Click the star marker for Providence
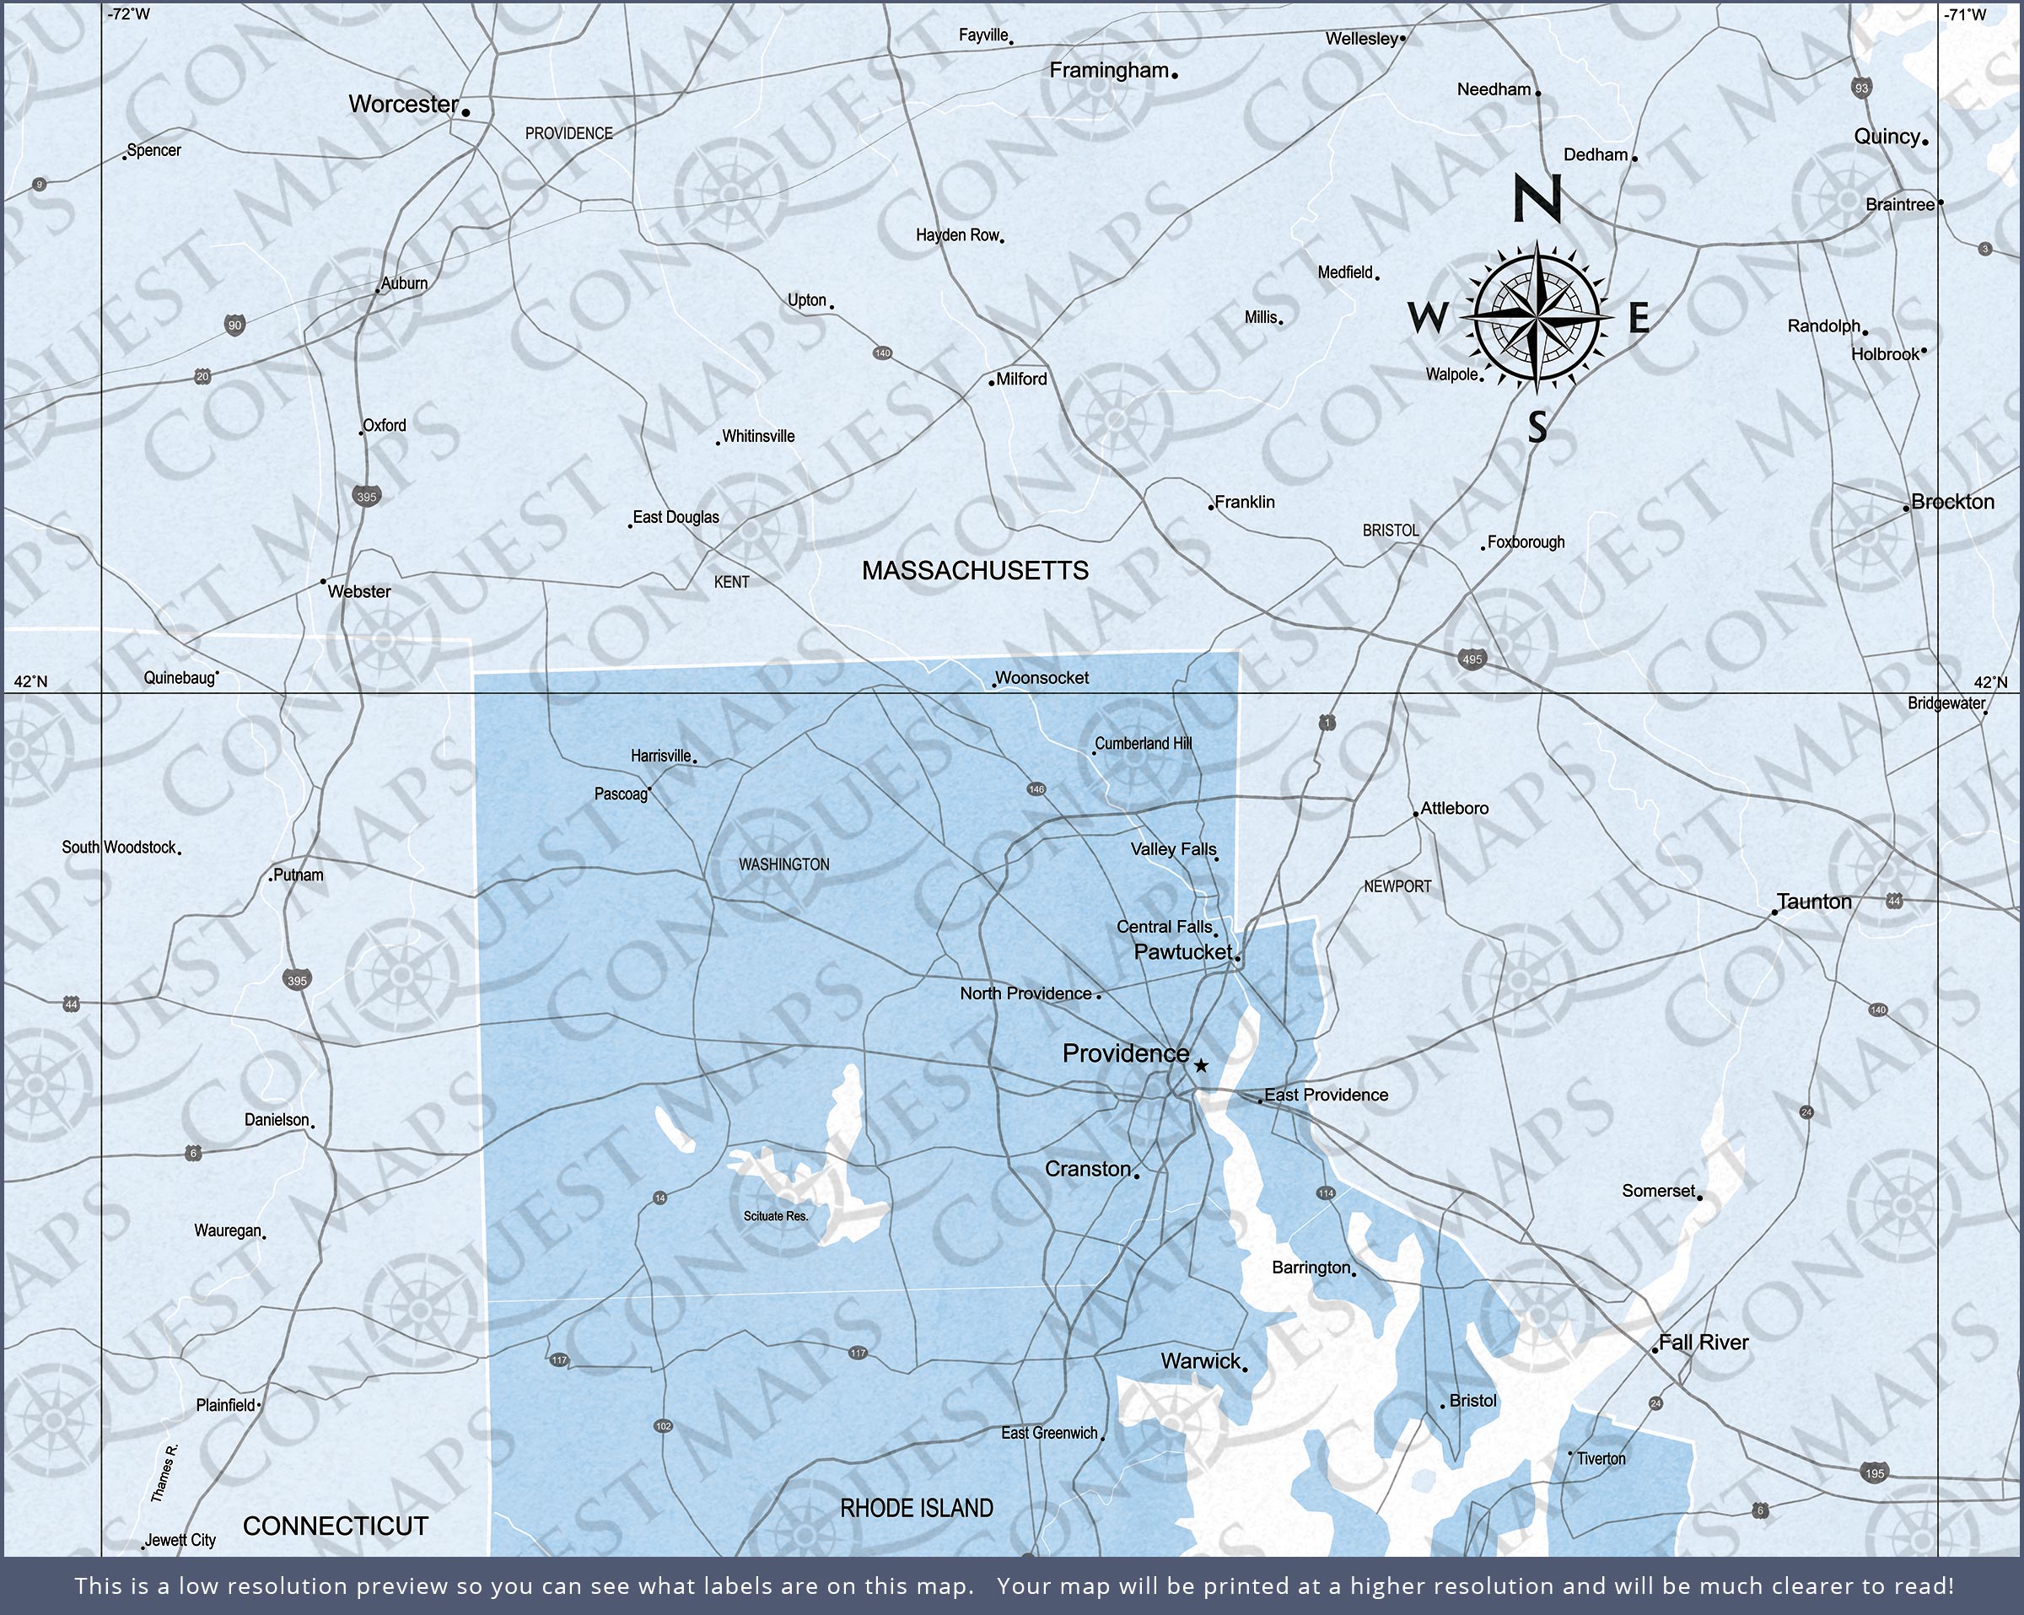click(x=1201, y=1066)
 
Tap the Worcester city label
click(x=404, y=105)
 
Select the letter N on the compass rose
click(x=1537, y=199)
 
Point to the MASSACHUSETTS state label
click(x=976, y=571)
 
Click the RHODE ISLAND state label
click(x=916, y=1509)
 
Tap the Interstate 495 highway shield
click(x=1472, y=659)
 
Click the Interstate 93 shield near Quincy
click(x=1861, y=89)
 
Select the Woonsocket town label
click(x=1042, y=678)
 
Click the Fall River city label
click(x=1703, y=1343)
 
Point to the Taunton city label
click(x=1814, y=902)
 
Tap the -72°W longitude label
click(x=129, y=14)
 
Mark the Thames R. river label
click(x=164, y=1473)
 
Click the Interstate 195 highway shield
click(x=1874, y=1472)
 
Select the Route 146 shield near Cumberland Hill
click(x=1036, y=789)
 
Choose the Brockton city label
click(x=1952, y=503)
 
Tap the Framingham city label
click(x=1109, y=71)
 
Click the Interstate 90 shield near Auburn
click(x=234, y=326)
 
